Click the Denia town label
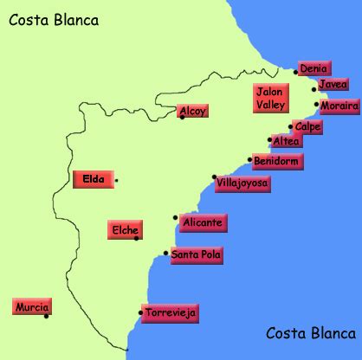point(314,68)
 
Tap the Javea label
point(333,85)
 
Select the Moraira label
point(338,106)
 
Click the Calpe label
point(307,127)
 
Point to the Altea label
point(286,141)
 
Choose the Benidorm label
point(277,161)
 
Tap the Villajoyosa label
point(242,183)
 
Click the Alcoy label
point(192,111)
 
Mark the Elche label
point(125,230)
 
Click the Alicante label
point(203,223)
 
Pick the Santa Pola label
point(196,254)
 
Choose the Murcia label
point(32,307)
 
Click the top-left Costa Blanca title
point(54,20)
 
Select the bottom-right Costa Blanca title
point(312,333)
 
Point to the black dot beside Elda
point(116,180)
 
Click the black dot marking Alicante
point(175,216)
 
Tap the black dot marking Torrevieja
point(141,312)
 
